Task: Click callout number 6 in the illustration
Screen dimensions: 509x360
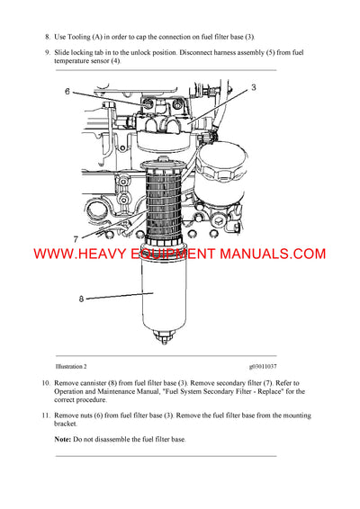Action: pos(67,92)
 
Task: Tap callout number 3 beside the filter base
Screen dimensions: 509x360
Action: pos(254,87)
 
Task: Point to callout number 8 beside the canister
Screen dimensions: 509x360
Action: pos(80,299)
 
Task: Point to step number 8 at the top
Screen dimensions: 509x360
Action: pos(47,37)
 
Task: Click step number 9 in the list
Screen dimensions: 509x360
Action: pos(47,53)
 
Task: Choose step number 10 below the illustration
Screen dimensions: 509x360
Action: pos(46,384)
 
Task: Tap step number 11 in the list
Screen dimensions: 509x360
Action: pos(46,415)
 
